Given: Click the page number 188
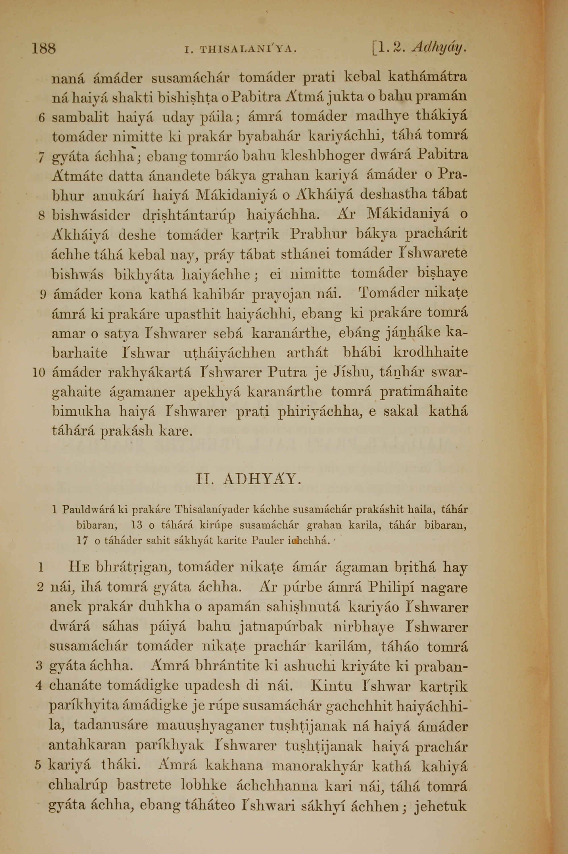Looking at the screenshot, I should (x=43, y=48).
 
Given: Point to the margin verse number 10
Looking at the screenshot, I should (x=38, y=372).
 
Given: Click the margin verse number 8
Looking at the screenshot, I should (x=41, y=216).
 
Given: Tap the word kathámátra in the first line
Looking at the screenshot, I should (x=427, y=78).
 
